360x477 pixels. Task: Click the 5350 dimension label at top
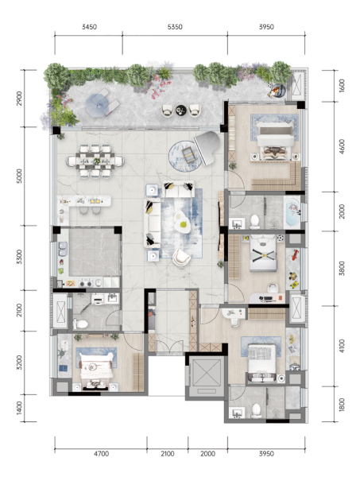point(175,27)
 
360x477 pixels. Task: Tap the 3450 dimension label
point(89,27)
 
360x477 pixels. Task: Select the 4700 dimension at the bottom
point(101,454)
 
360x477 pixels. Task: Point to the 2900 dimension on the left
point(19,99)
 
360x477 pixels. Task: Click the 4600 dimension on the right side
point(342,146)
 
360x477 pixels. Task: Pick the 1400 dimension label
point(19,408)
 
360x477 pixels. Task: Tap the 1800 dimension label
point(342,405)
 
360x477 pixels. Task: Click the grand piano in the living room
point(207,147)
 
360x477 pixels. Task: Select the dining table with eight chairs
point(95,161)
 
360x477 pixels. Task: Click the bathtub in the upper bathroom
point(292,212)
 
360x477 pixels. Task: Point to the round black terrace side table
point(181,110)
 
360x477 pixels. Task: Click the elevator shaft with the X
point(206,376)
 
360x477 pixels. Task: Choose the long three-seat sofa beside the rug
point(152,222)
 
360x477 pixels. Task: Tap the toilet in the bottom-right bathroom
point(256,411)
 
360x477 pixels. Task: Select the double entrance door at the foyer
point(169,347)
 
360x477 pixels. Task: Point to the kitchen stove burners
point(85,284)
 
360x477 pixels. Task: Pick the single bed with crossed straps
point(263,253)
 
